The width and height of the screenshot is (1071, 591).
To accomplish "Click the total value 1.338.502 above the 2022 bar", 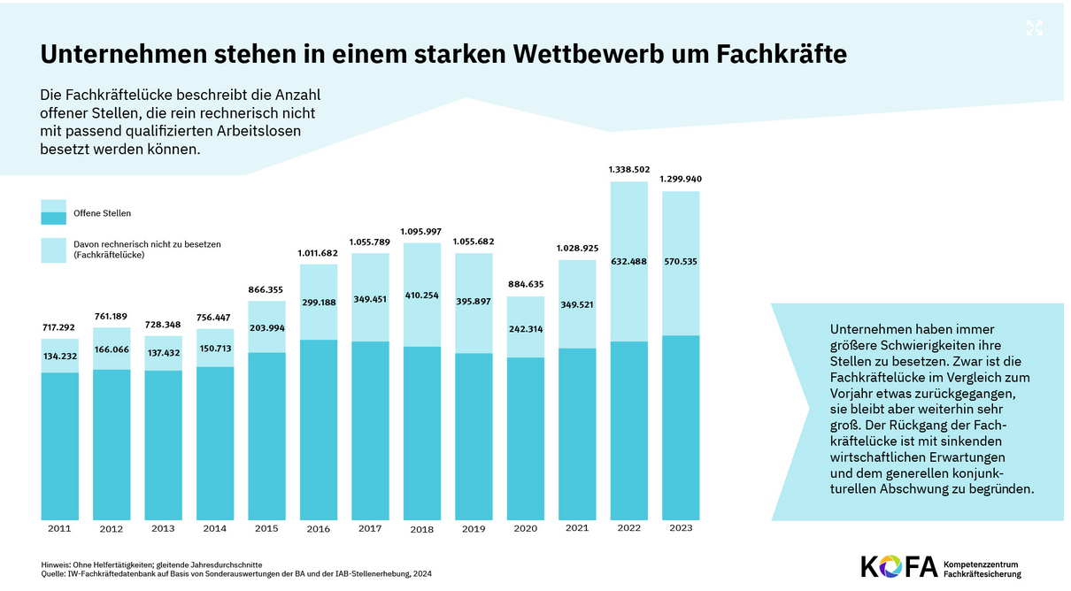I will (x=629, y=169).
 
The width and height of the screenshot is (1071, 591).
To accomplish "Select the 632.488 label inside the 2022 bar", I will (x=629, y=261).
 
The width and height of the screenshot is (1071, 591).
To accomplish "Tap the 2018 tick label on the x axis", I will (x=422, y=529).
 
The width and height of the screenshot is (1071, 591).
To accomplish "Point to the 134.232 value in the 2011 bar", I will (x=60, y=357).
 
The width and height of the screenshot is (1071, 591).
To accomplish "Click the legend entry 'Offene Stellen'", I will (x=102, y=213).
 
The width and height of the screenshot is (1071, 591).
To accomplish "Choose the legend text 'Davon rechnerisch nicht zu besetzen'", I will (x=146, y=243).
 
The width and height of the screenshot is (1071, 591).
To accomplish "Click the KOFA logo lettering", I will (x=898, y=567).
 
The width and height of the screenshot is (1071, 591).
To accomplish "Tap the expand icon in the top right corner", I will (x=1034, y=28).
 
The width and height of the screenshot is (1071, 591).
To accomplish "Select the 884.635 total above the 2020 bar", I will (x=526, y=284).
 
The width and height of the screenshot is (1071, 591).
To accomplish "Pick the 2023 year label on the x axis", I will (x=681, y=528).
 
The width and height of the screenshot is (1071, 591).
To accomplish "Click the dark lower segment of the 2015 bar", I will (x=266, y=434).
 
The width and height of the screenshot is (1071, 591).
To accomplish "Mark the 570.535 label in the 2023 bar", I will (x=681, y=262).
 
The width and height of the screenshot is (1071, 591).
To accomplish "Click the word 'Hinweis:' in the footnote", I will (x=57, y=564).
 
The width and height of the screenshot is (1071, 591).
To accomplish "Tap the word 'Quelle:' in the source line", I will (x=55, y=573).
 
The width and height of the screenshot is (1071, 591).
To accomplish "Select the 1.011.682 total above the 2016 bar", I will (x=319, y=253).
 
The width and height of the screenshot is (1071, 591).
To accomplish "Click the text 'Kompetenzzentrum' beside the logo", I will (x=982, y=564).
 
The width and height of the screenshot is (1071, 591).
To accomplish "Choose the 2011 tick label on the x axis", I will (x=60, y=528).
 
